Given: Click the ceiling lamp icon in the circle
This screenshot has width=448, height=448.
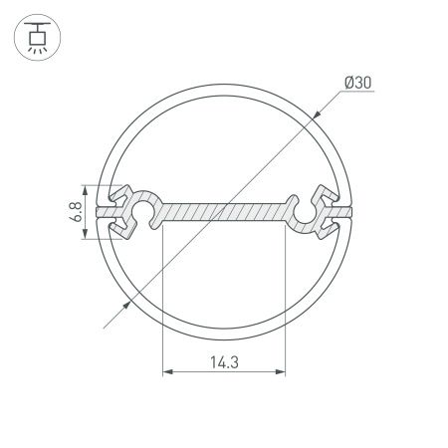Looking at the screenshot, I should [35, 35].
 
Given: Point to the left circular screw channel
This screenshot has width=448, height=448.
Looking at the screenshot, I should [143, 211].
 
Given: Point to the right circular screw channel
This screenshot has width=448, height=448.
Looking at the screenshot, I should [304, 211].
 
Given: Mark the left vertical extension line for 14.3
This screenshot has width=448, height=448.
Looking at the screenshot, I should [161, 299].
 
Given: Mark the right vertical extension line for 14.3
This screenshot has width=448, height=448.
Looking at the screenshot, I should [285, 299].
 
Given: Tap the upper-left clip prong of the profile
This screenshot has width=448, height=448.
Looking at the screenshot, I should [125, 191].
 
